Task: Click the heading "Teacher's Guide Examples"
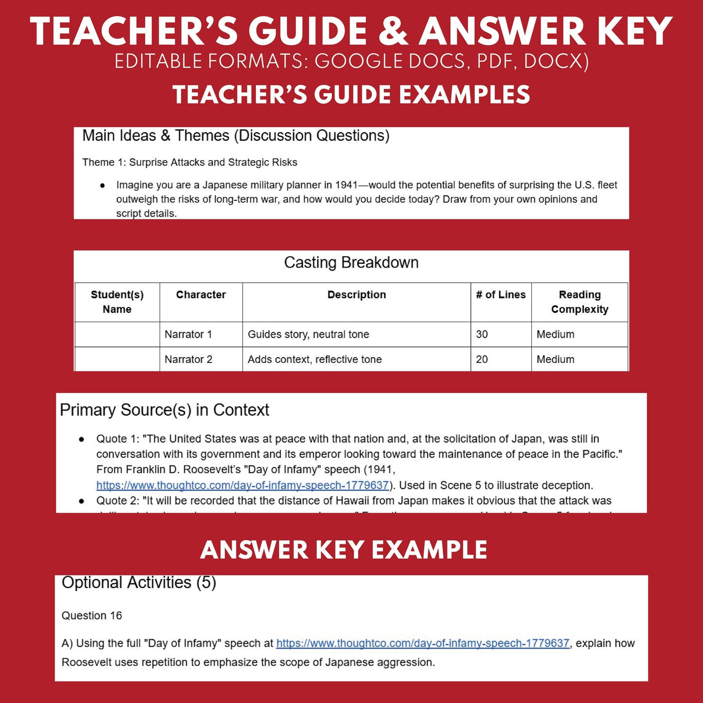[x=351, y=95]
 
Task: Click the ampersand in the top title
[x=393, y=32]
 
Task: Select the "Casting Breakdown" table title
[x=351, y=263]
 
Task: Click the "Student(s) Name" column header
[x=117, y=302]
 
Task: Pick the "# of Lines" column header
[x=501, y=295]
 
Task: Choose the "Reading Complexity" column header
[x=579, y=302]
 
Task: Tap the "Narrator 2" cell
[x=188, y=360]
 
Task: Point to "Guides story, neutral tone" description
[x=308, y=334]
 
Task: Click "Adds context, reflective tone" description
[x=315, y=360]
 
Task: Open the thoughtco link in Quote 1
[x=243, y=485]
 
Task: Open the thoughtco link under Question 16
[x=423, y=643]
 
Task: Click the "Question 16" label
[x=91, y=615]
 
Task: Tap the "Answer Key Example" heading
[x=343, y=550]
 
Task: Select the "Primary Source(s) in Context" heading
[x=164, y=410]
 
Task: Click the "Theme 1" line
[x=190, y=162]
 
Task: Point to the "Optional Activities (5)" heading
[x=139, y=582]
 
